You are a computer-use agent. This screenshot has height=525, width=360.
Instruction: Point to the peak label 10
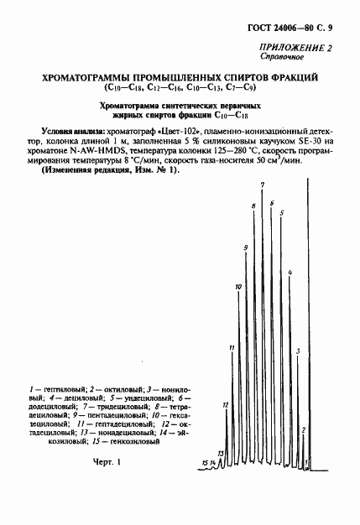pyautogui.click(x=239, y=287)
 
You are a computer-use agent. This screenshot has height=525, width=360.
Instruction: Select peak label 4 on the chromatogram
pyautogui.click(x=289, y=273)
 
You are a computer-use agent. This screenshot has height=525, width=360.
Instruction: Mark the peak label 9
pyautogui.click(x=246, y=247)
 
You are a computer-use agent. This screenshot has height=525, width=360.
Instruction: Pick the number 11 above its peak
pyautogui.click(x=232, y=346)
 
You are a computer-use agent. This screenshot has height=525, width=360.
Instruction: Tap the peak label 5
pyautogui.click(x=281, y=212)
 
